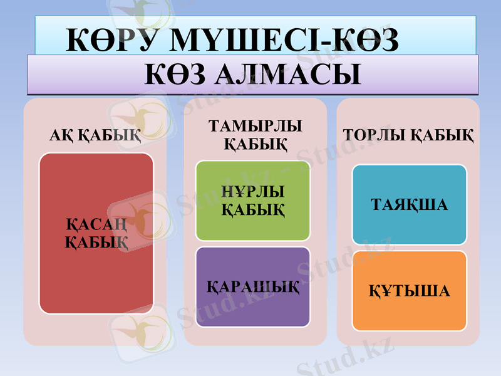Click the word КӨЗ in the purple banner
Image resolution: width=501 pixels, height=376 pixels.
point(175,75)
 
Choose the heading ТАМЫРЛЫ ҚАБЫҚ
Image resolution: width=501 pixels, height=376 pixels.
point(255,135)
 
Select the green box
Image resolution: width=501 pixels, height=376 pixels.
point(252,226)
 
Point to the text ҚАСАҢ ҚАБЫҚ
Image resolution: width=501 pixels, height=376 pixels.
point(96,233)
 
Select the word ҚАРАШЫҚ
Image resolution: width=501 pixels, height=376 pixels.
point(253,289)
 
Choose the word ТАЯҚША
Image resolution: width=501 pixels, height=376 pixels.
point(410,205)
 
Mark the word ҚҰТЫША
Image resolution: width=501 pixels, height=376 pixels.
point(408,291)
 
